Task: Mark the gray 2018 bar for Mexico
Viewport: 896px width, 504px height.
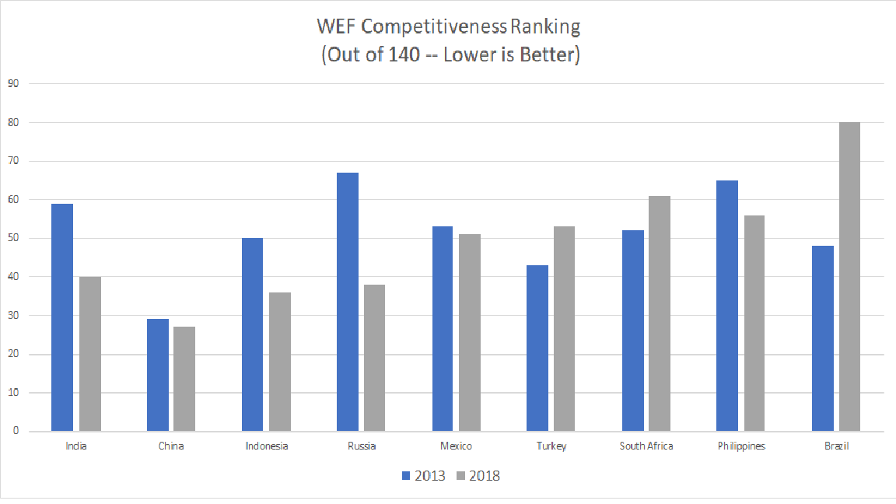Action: [469, 333]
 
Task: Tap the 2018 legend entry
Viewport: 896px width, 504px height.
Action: [478, 476]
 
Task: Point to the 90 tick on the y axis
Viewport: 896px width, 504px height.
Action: [13, 84]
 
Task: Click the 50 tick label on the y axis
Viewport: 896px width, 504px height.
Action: [13, 238]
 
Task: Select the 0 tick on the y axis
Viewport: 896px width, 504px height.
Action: [16, 431]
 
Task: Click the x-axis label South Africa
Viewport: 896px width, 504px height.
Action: [646, 446]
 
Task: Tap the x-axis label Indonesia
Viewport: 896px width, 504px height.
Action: [267, 446]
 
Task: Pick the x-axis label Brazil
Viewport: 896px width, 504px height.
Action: [836, 446]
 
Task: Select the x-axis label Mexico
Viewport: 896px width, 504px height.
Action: [456, 446]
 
